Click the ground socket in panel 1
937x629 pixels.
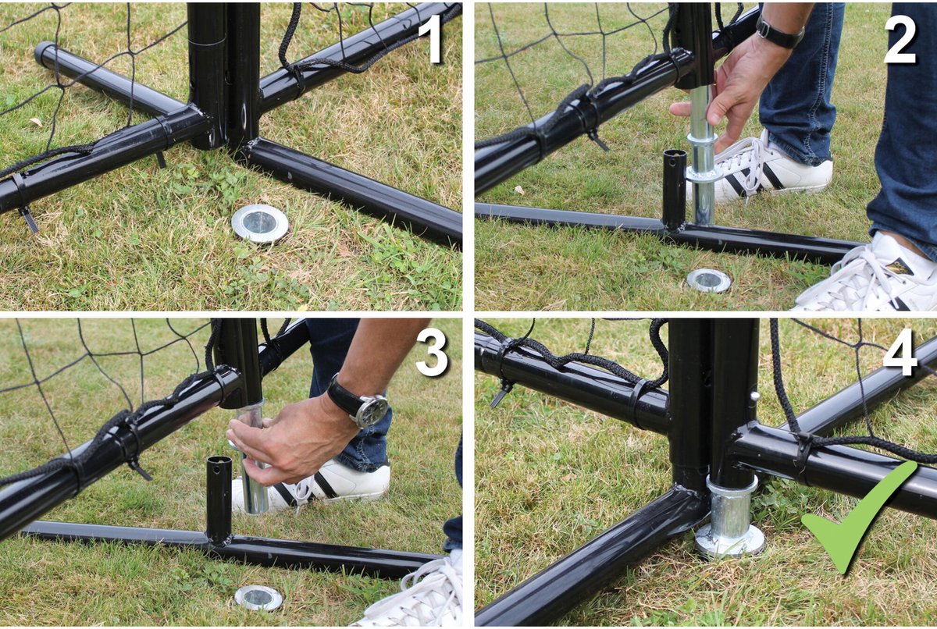[260, 223]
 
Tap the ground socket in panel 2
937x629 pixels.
[709, 280]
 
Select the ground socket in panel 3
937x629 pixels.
[258, 598]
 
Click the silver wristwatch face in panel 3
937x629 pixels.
[373, 410]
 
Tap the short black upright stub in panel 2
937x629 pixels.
[675, 190]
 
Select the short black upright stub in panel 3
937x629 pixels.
[219, 500]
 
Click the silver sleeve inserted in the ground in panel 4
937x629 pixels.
[730, 517]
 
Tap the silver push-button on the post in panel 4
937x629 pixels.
[754, 395]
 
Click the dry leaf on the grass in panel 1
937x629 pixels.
[36, 122]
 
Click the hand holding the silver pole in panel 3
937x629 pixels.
[289, 443]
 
